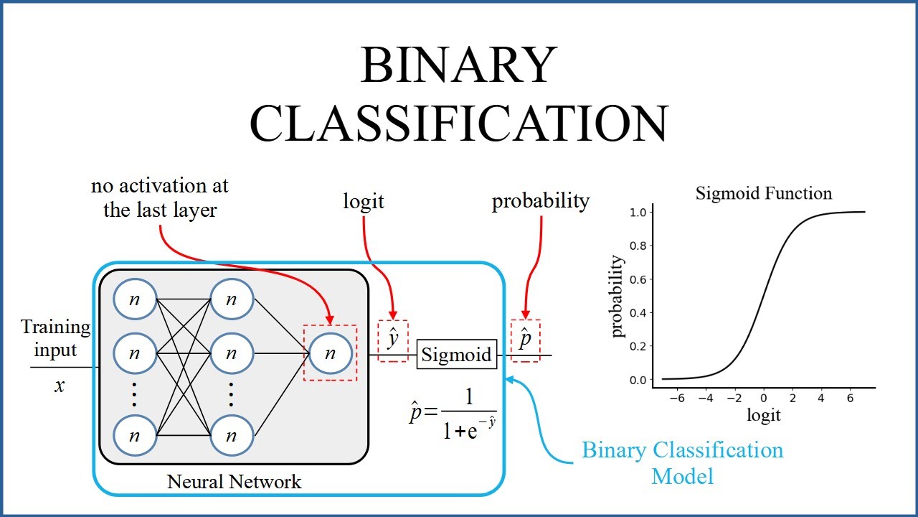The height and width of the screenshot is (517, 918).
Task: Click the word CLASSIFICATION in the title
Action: pyautogui.click(x=458, y=123)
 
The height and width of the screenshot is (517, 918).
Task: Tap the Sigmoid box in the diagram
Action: pyautogui.click(x=457, y=355)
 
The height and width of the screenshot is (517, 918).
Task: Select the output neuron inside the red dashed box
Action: pyautogui.click(x=330, y=353)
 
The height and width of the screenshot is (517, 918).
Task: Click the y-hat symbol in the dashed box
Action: pyautogui.click(x=393, y=337)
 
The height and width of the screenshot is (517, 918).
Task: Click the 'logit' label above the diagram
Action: pyautogui.click(x=364, y=202)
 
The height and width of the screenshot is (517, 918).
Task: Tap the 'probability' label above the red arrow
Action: pyautogui.click(x=540, y=201)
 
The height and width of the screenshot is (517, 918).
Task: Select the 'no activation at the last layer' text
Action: pyautogui.click(x=160, y=197)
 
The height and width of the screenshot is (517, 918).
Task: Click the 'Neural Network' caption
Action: pyautogui.click(x=235, y=481)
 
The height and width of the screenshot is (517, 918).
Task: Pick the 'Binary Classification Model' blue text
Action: pyautogui.click(x=682, y=463)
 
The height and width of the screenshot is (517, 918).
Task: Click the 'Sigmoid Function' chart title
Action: pyautogui.click(x=764, y=193)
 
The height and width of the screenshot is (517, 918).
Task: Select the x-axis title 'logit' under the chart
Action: pyautogui.click(x=763, y=415)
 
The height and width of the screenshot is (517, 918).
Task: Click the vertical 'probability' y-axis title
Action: pyautogui.click(x=617, y=296)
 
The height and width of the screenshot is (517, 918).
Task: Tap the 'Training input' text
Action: pyautogui.click(x=56, y=338)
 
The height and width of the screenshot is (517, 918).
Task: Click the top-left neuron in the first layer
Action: pyautogui.click(x=134, y=300)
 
